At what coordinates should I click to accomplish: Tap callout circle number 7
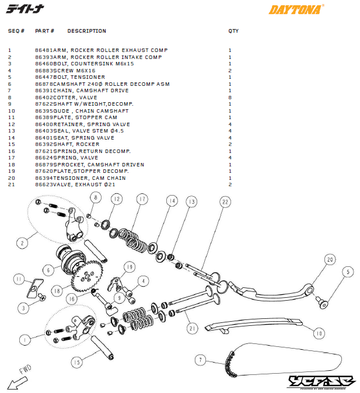pyautogui.click(x=200, y=360)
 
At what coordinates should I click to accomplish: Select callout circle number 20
pyautogui.click(x=329, y=259)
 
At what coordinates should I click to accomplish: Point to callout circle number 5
pyautogui.click(x=348, y=271)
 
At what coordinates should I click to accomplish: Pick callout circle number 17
pyautogui.click(x=141, y=199)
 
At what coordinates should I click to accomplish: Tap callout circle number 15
pyautogui.click(x=77, y=362)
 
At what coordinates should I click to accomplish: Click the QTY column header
pyautogui.click(x=233, y=31)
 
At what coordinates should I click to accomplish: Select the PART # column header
pyautogui.click(x=45, y=31)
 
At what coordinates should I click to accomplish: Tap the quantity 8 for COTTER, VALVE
pyautogui.click(x=230, y=98)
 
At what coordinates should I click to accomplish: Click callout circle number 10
pyautogui.click(x=318, y=333)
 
